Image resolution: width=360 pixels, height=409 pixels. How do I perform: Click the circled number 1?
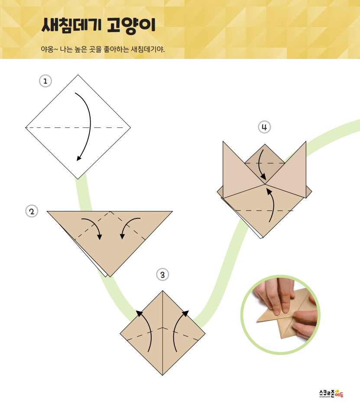(x=45, y=81)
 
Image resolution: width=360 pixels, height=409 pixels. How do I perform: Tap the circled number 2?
(x=32, y=211)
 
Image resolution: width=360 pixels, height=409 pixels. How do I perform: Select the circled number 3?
(x=162, y=275)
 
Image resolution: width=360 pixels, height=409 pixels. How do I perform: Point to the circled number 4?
(x=264, y=127)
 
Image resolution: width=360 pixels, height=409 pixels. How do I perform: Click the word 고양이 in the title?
(x=131, y=26)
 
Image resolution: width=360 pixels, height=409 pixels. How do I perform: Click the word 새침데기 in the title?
(x=71, y=25)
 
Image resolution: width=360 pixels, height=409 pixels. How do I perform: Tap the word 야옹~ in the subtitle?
(x=49, y=49)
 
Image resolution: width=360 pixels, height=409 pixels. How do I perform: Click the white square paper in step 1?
(x=78, y=127)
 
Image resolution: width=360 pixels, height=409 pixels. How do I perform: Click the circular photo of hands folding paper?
(x=280, y=315)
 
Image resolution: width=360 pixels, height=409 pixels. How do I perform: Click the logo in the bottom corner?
(x=331, y=394)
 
